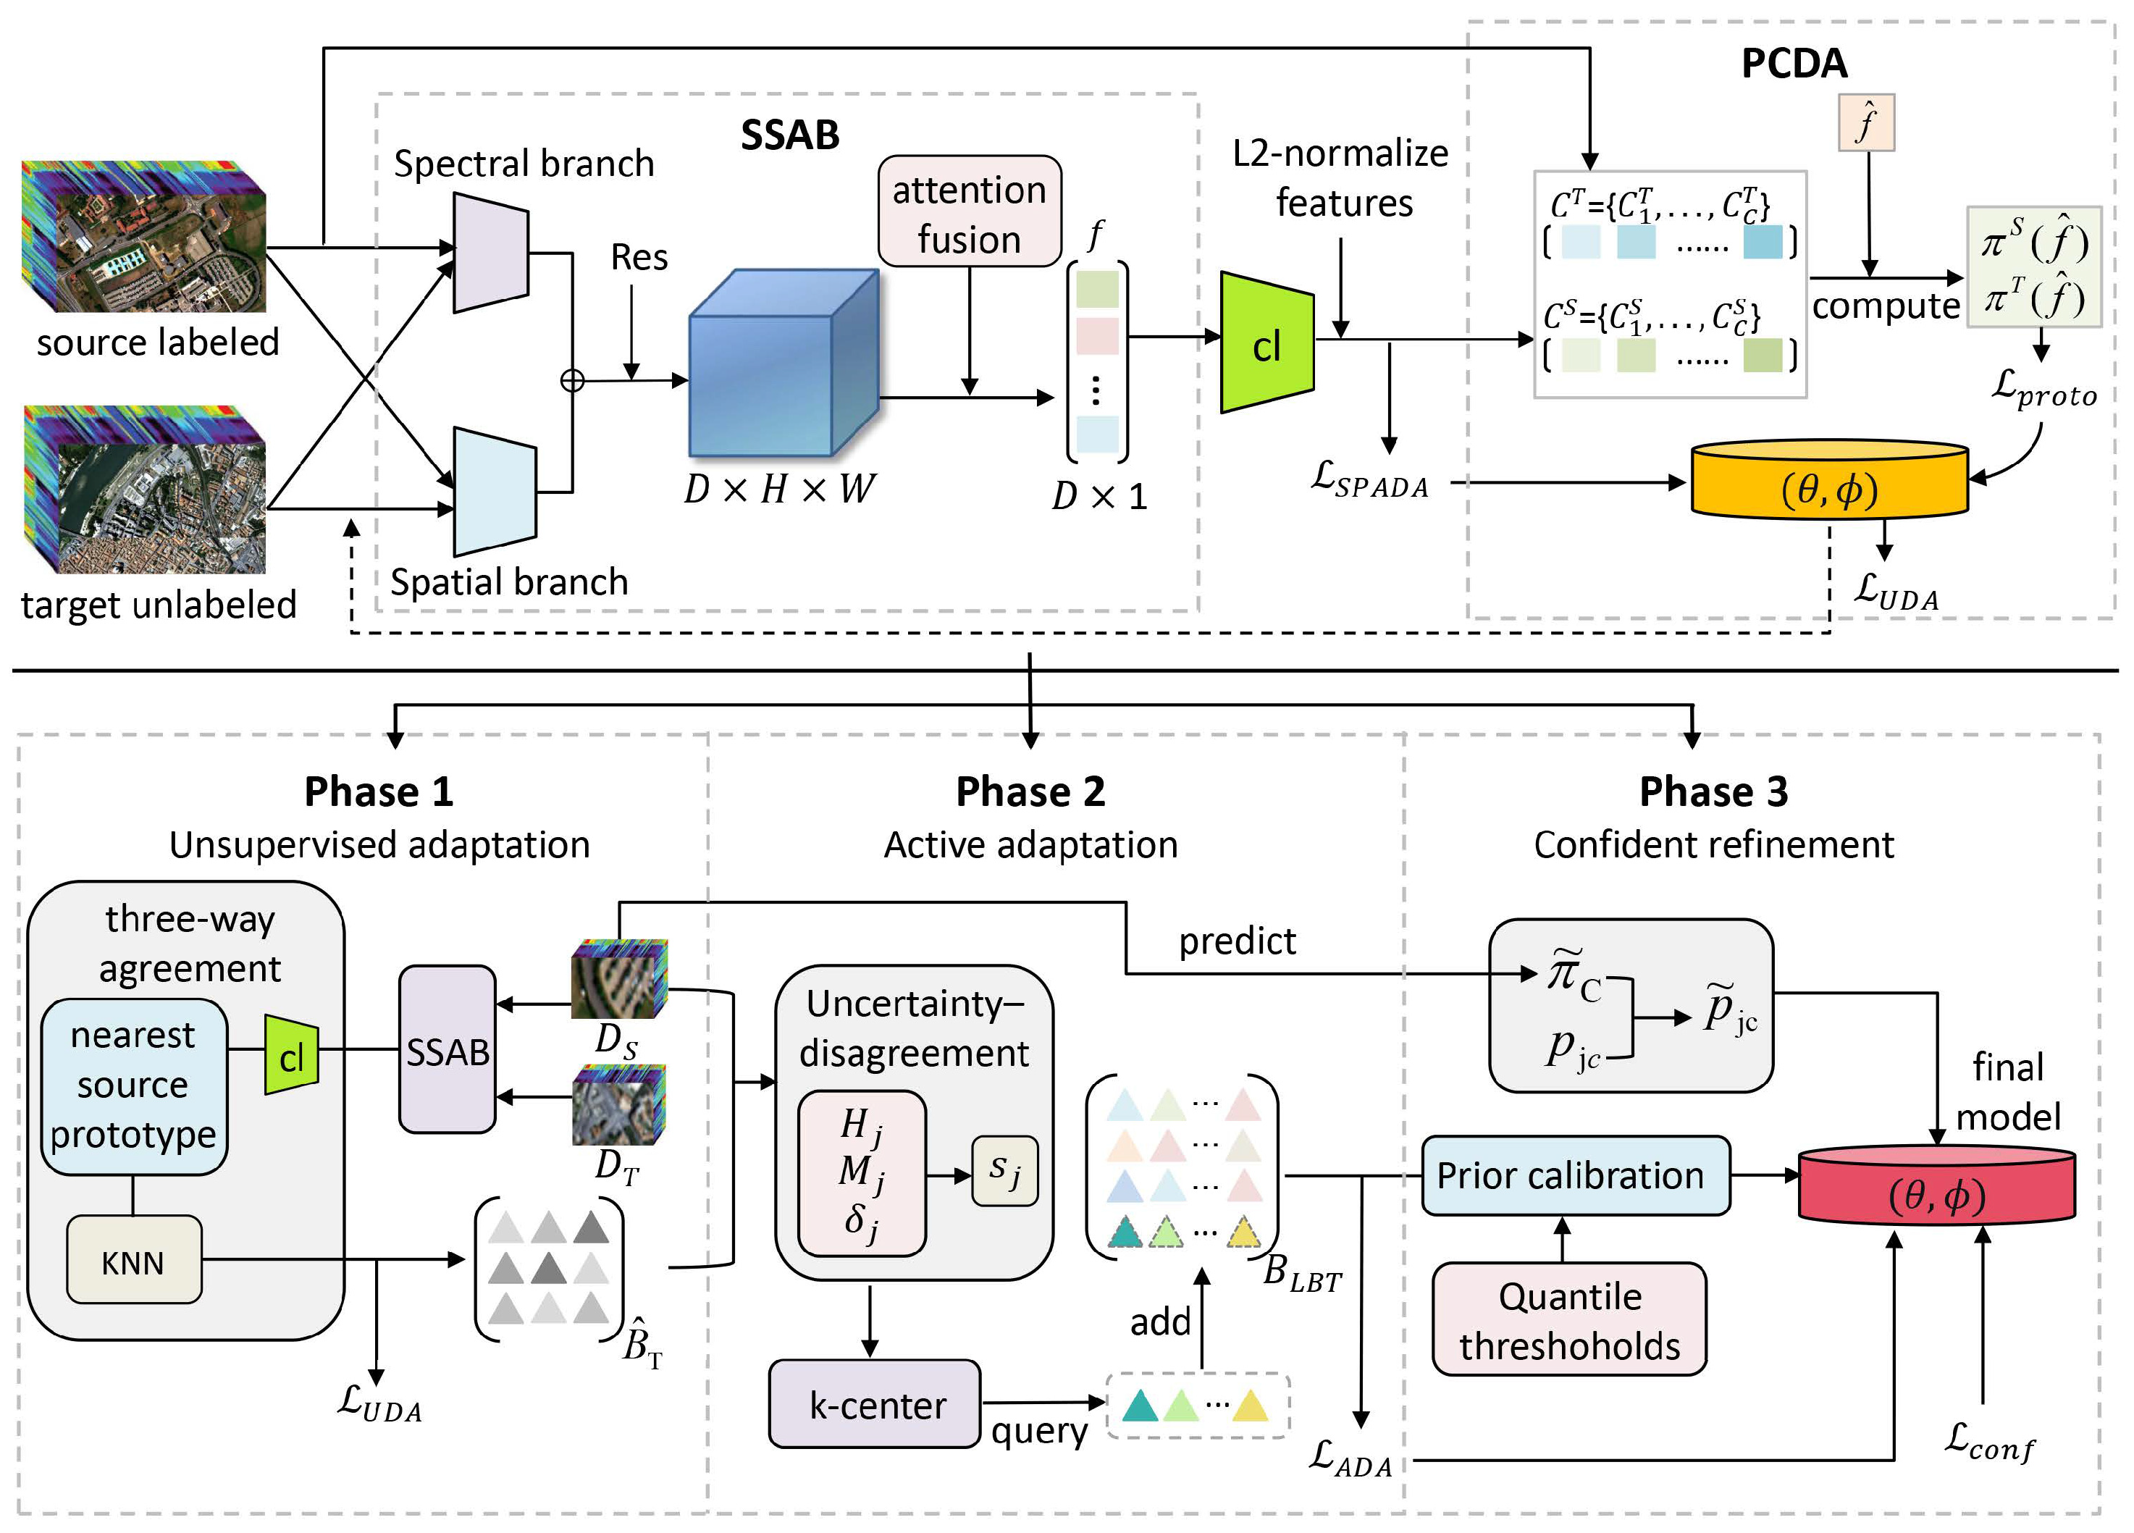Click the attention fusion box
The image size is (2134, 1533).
[x=969, y=211]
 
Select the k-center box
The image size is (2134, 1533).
[x=875, y=1404]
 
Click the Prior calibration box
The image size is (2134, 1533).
[x=1574, y=1176]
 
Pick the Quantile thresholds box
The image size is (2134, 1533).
[x=1568, y=1319]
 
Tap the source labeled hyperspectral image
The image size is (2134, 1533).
[x=145, y=237]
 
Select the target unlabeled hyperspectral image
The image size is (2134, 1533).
[x=145, y=490]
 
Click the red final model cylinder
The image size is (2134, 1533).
[x=1936, y=1188]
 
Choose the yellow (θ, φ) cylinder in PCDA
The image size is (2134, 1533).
[x=1829, y=481]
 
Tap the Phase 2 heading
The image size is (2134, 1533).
[x=1030, y=791]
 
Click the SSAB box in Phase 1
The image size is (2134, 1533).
[x=447, y=1050]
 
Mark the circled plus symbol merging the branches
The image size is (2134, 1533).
[x=572, y=380]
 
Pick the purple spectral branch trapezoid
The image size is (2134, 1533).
[x=490, y=252]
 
